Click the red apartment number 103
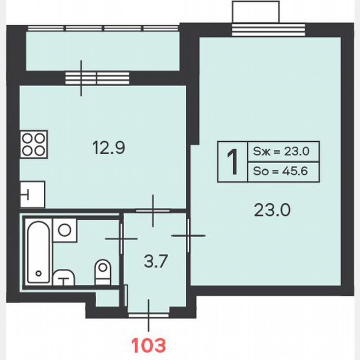tap(149, 345)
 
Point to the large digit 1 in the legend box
tap(232, 162)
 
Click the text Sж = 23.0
tap(280, 152)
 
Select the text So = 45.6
tap(280, 171)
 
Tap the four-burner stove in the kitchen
tap(34, 144)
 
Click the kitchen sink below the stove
tap(32, 194)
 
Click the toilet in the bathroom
tap(102, 271)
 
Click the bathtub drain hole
tap(39, 274)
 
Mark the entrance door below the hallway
tap(149, 315)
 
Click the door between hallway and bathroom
tap(121, 238)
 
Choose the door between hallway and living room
tap(188, 236)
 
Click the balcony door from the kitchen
tap(82, 78)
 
